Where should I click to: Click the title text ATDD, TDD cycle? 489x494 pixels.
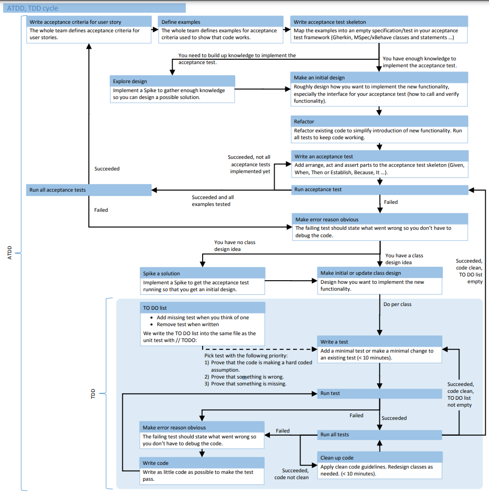32,8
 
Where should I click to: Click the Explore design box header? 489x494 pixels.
173,81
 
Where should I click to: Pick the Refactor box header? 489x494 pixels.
379,121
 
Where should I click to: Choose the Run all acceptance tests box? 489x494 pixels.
88,189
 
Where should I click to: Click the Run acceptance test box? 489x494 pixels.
379,189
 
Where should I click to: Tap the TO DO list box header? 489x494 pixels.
203,308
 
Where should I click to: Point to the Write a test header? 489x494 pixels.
379,342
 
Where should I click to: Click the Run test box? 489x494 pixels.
379,393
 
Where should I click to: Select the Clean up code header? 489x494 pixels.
379,457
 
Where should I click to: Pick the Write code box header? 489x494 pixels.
202,463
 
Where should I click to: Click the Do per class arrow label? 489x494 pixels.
397,304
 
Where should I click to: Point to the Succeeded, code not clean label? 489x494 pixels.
291,473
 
